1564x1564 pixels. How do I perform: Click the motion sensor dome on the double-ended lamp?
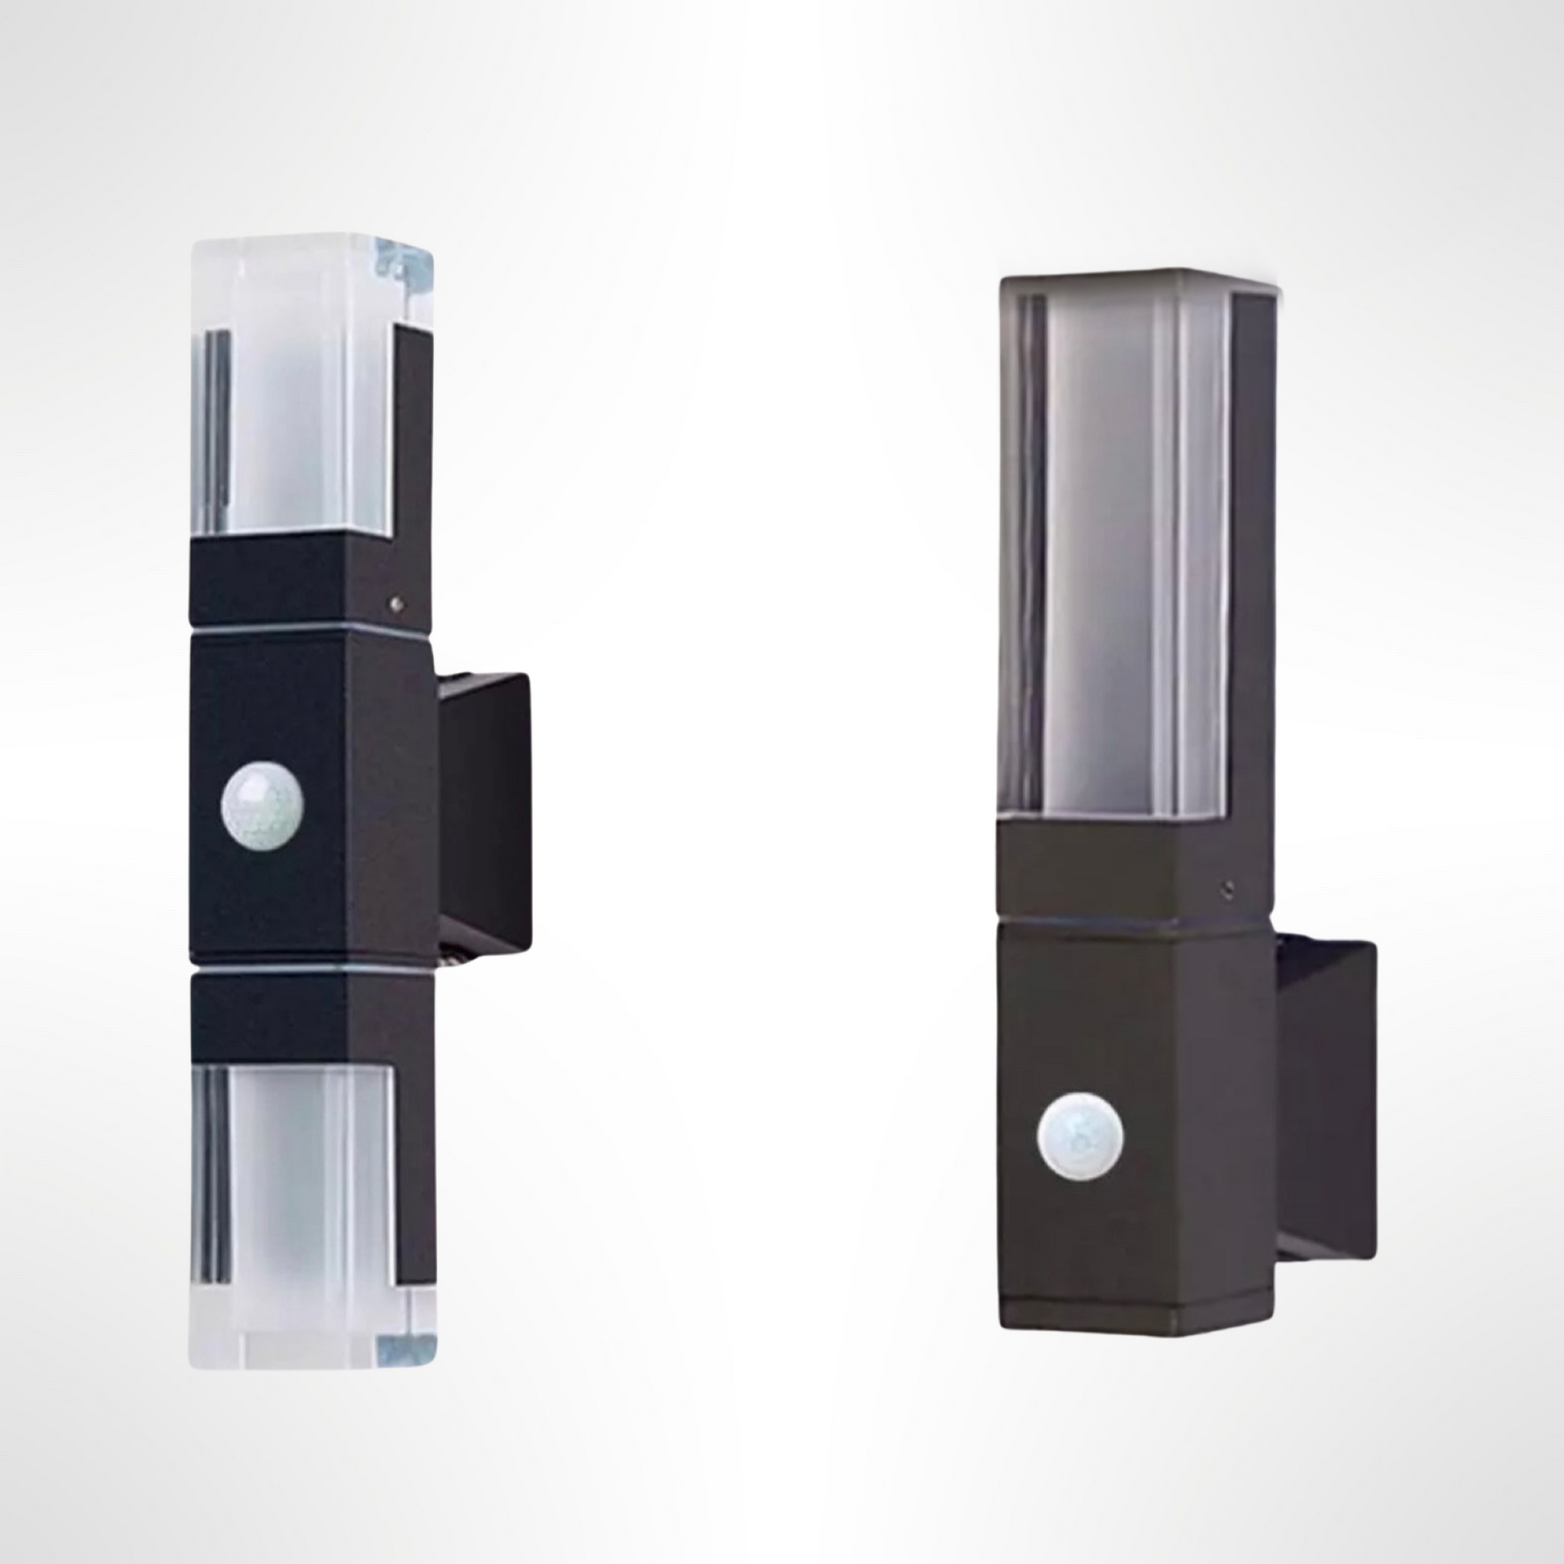tap(262, 805)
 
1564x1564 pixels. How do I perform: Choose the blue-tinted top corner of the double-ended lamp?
tap(407, 262)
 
